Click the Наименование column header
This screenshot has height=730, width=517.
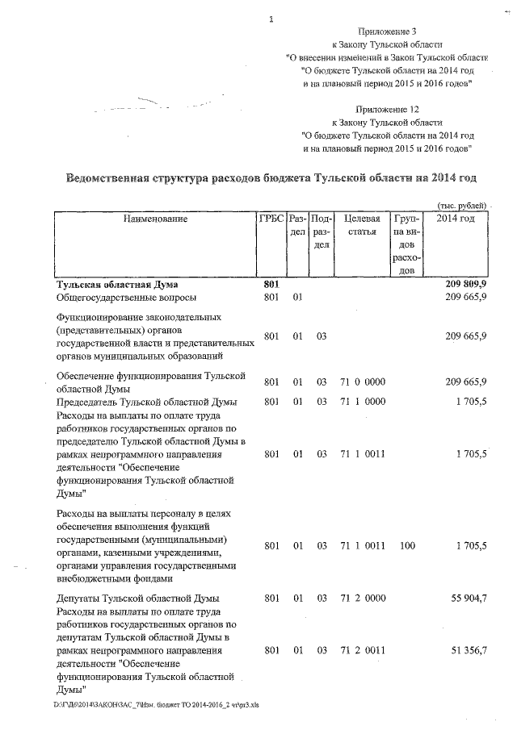click(x=155, y=219)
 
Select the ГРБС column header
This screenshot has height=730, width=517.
click(x=270, y=219)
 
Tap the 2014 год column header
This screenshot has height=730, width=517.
click(x=455, y=219)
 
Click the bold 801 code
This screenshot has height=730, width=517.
click(x=271, y=285)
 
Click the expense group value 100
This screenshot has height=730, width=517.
click(x=407, y=546)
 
